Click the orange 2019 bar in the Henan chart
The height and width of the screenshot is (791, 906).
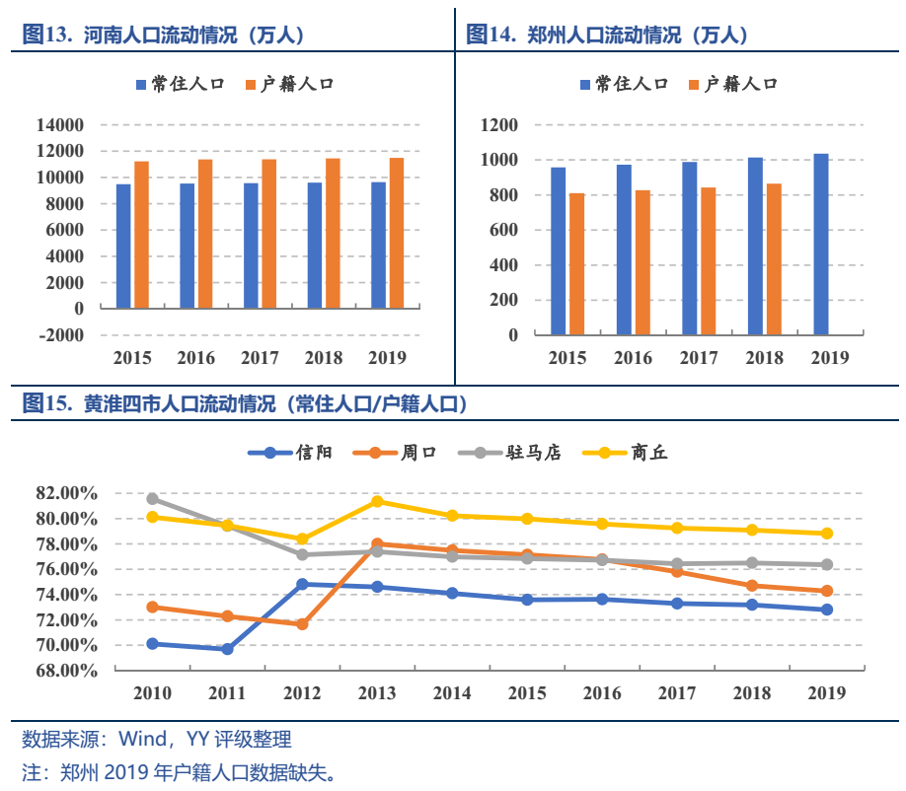[x=396, y=233]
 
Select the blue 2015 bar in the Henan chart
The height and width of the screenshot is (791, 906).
[x=123, y=246]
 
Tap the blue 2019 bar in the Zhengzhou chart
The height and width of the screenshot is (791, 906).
[x=821, y=244]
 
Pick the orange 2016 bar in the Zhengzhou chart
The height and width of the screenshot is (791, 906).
[x=642, y=261]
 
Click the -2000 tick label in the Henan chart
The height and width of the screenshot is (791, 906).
[x=59, y=334]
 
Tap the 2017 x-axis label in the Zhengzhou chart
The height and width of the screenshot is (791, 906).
[x=699, y=358]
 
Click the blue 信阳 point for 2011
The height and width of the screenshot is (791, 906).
[x=227, y=649]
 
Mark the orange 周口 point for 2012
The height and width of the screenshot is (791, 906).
[x=302, y=624]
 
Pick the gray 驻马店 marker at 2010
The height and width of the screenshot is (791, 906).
[x=153, y=499]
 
